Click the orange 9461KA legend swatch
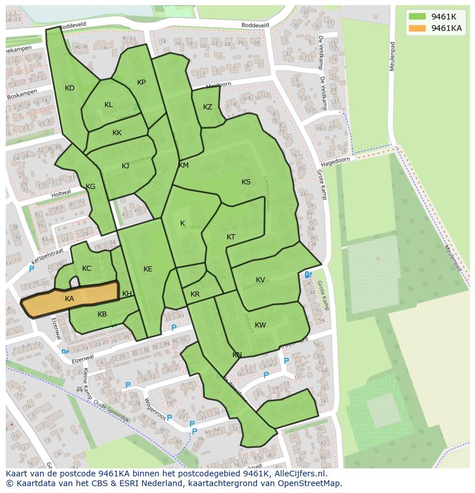417,28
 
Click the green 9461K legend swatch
417,17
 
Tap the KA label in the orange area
69,299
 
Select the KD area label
69,88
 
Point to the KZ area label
208,107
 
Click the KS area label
246,182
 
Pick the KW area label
260,325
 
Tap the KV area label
260,280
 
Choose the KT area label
231,237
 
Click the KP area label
141,82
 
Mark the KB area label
102,314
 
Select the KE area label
148,269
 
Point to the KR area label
195,294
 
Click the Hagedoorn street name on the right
336,161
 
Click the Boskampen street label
22,94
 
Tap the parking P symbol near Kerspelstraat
32,269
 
